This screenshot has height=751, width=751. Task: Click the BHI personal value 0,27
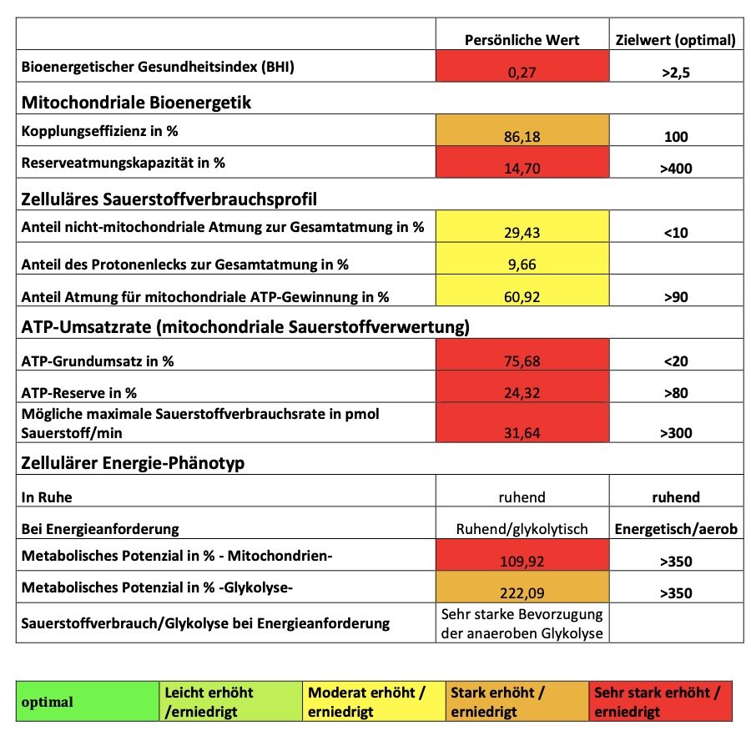(522, 73)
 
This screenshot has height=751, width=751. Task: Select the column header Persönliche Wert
(522, 40)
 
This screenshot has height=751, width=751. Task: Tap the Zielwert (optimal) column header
(675, 40)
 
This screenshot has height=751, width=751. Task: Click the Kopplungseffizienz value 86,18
(522, 136)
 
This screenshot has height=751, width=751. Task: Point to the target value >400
(675, 169)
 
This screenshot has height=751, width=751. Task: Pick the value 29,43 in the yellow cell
(522, 233)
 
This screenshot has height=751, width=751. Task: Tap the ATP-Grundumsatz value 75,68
(522, 362)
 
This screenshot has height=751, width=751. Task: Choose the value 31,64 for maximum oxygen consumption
(522, 432)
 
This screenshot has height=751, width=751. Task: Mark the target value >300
(675, 432)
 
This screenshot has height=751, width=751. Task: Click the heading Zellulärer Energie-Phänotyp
(133, 463)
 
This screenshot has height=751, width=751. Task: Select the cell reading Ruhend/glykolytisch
(522, 529)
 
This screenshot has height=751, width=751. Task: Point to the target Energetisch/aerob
(675, 529)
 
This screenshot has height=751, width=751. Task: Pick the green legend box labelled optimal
(88, 702)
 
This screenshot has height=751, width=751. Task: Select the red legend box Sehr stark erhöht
(660, 702)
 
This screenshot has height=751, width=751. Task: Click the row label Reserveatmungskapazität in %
(123, 163)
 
